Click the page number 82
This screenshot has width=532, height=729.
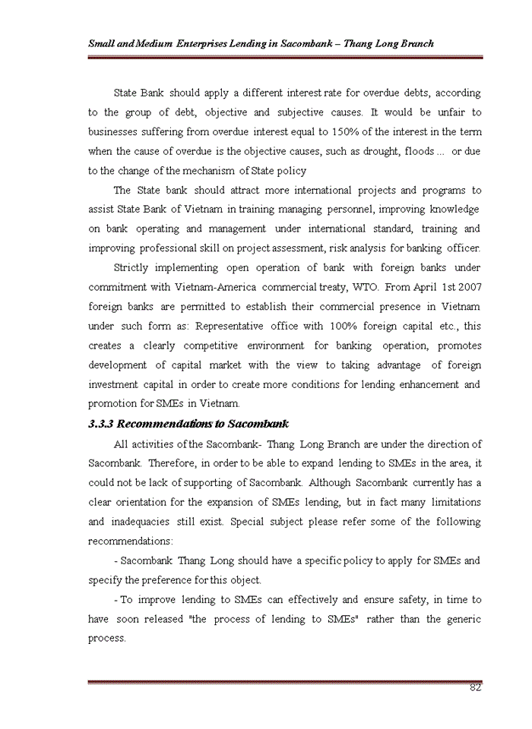pos(475,688)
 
